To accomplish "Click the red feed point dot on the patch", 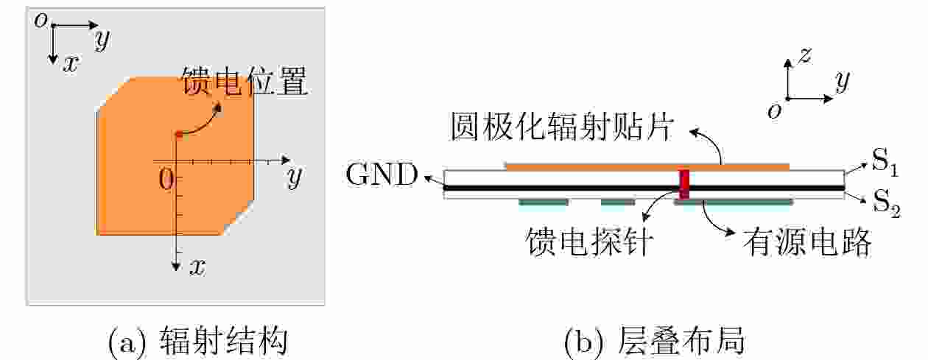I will pyautogui.click(x=178, y=134).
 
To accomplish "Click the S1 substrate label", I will pyautogui.click(x=885, y=163).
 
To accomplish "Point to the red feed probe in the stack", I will pyautogui.click(x=684, y=183).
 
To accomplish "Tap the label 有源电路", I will pyautogui.click(x=807, y=241).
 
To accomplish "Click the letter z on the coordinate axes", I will pyautogui.click(x=806, y=54).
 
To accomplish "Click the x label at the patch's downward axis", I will pyautogui.click(x=197, y=267).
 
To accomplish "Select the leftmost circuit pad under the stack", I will pyautogui.click(x=544, y=201).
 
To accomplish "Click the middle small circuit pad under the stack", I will pyautogui.click(x=618, y=201).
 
